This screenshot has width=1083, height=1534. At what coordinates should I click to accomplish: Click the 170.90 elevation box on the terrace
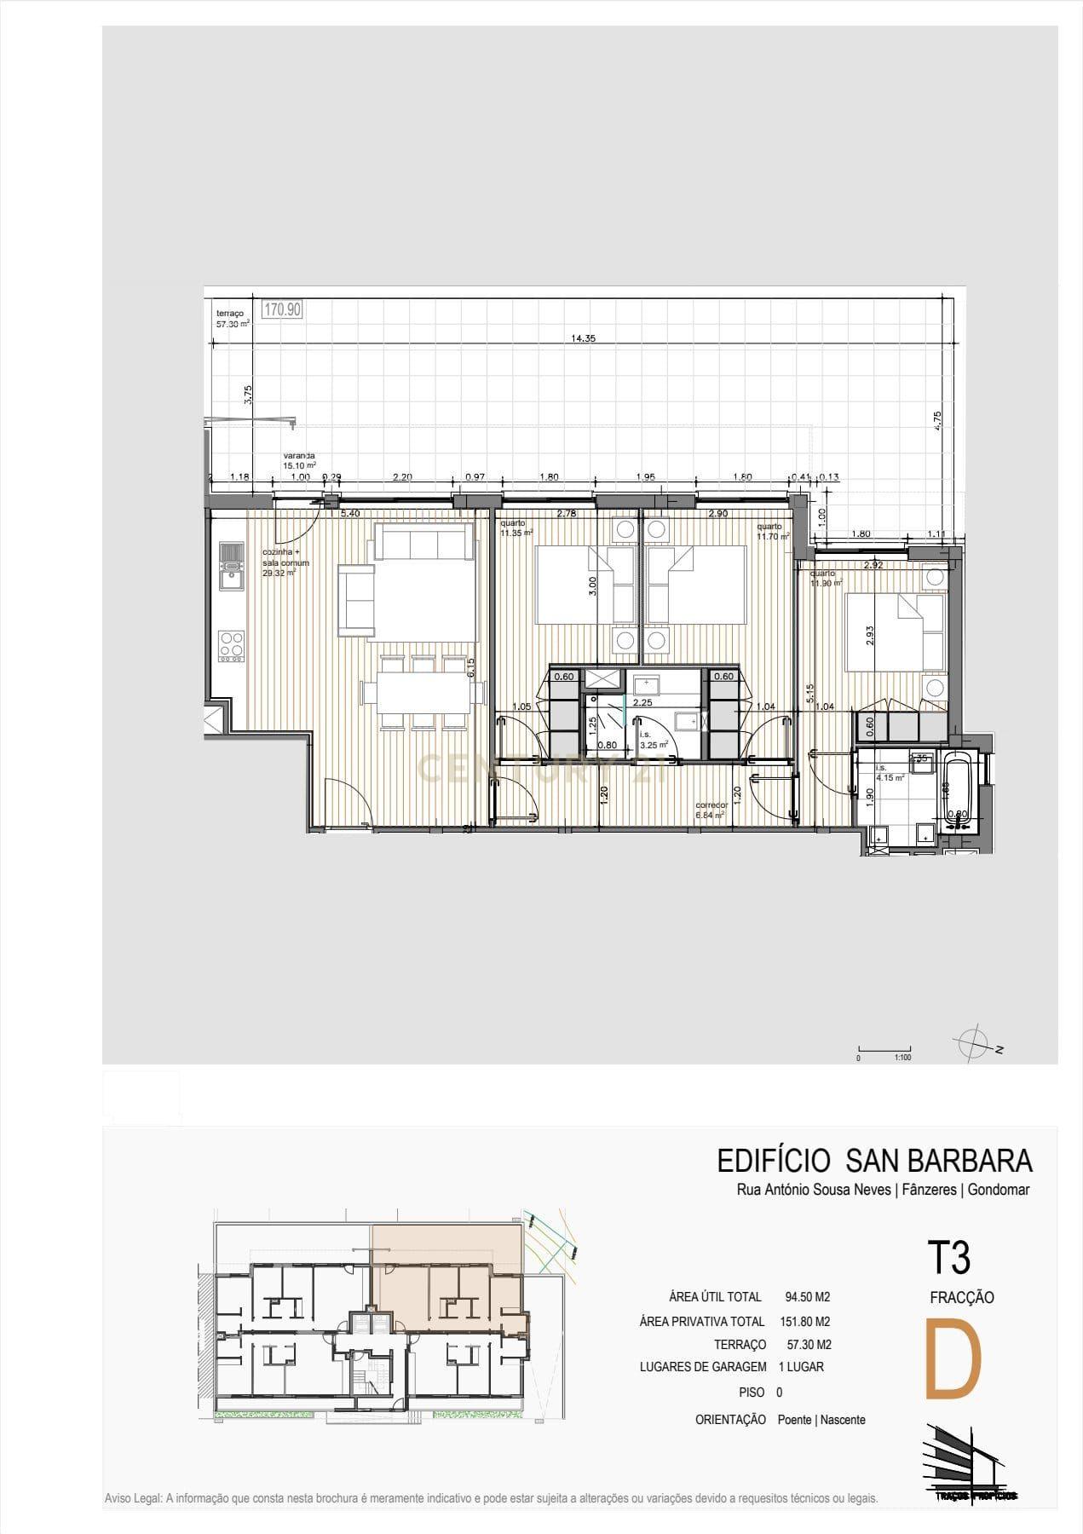point(281,309)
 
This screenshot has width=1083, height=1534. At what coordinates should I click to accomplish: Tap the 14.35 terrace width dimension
point(583,338)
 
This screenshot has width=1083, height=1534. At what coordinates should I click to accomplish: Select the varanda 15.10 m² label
point(299,461)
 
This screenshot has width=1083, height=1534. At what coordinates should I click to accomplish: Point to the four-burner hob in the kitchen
point(231,645)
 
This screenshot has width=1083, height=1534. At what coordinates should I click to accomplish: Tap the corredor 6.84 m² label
point(710,810)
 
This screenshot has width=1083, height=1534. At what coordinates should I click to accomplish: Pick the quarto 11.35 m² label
point(516,528)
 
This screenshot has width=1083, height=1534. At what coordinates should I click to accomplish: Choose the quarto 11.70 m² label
point(772,531)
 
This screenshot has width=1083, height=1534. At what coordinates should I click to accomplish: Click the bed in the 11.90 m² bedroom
point(895,631)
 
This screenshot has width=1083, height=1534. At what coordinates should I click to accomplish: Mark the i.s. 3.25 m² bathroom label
point(653,739)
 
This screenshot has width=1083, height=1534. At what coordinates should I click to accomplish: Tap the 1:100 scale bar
point(884,1052)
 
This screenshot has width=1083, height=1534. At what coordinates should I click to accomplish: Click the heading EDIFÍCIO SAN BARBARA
point(874,1161)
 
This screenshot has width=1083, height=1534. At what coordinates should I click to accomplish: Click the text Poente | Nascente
point(821,1420)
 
